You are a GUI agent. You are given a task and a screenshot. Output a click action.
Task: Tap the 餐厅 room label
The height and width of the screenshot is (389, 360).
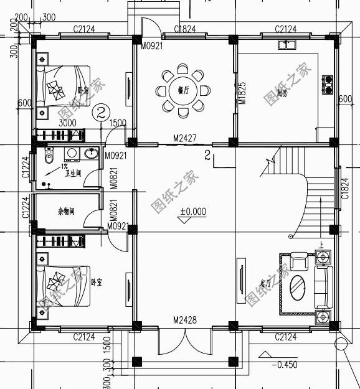pos(183,91)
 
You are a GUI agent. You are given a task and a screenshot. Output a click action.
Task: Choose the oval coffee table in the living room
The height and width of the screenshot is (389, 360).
pos(298,286)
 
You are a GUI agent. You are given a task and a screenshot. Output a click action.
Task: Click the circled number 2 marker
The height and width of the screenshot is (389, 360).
pos(101,113)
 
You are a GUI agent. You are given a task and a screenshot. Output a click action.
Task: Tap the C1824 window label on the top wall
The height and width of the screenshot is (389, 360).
pos(186,29)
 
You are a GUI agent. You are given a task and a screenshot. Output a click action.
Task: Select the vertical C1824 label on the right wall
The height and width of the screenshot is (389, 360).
pos(344,187)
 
